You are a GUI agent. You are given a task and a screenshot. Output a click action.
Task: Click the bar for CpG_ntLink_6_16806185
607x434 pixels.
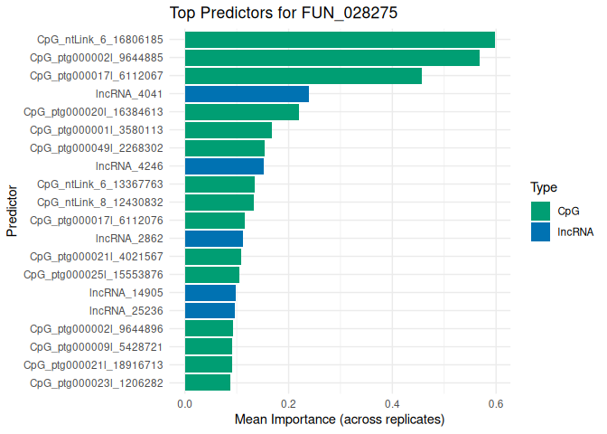pos(340,40)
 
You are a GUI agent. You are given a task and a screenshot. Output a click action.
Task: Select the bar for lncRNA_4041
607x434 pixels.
pos(247,94)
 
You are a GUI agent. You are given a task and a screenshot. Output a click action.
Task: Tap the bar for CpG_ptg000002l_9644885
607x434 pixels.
pos(332,58)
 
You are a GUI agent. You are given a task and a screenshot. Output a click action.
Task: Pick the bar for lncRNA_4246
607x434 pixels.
pos(224,166)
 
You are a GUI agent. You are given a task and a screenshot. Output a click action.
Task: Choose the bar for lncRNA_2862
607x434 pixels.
pos(214,239)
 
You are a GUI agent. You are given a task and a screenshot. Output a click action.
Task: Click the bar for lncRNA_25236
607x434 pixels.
pos(210,311)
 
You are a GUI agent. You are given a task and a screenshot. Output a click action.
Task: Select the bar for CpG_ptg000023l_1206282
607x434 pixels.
pos(208,383)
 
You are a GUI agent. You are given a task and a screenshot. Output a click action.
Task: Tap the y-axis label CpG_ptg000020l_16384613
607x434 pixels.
pos(97,112)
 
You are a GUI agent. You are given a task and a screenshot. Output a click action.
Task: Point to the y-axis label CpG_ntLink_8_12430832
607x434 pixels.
pos(100,203)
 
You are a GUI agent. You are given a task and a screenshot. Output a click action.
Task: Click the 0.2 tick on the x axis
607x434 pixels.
pos(288,404)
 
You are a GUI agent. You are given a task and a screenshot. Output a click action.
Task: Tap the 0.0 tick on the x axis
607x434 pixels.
pos(184,404)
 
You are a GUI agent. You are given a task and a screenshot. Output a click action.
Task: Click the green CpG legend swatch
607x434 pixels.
pos(541,211)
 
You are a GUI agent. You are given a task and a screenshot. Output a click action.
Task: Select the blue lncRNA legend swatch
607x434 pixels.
pos(541,231)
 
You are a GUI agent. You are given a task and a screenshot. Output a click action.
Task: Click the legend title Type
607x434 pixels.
pos(543,188)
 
